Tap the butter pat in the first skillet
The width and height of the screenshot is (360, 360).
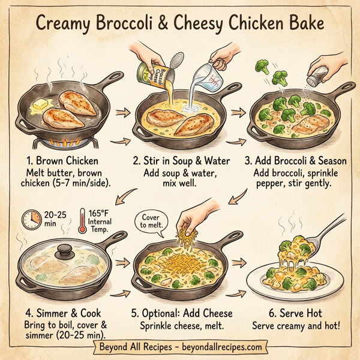pos(40,106)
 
